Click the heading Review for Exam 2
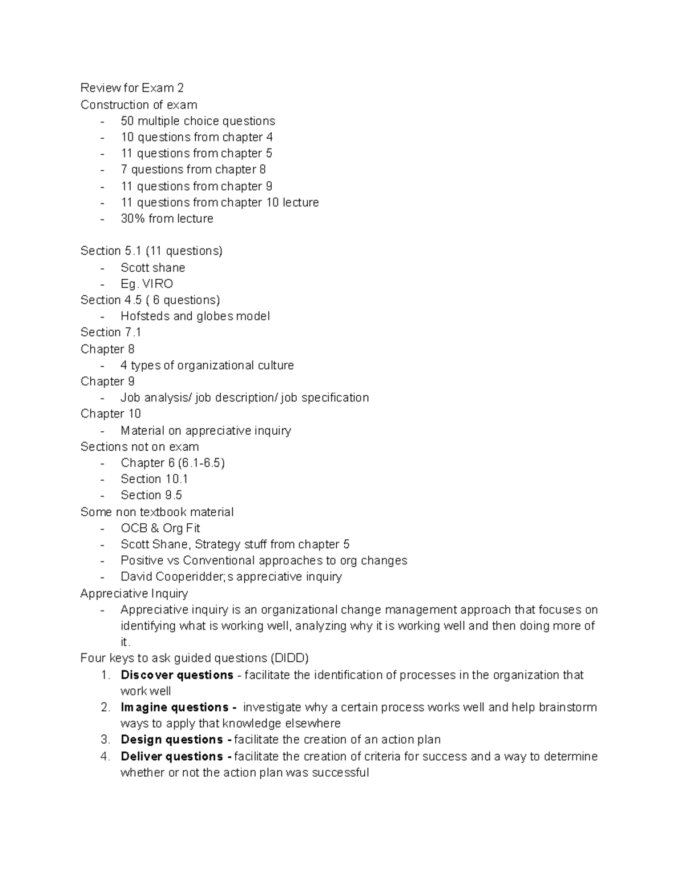[132, 88]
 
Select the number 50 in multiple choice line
[127, 121]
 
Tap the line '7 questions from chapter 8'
[193, 170]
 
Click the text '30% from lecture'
[167, 219]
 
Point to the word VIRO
[158, 284]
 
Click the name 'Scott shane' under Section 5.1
[152, 268]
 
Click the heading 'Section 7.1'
[111, 332]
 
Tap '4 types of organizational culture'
[207, 366]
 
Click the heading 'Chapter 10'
[111, 414]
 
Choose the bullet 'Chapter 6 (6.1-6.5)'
[172, 463]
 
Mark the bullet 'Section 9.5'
[151, 495]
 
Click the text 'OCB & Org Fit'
[160, 528]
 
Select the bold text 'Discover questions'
[177, 675]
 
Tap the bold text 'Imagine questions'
[175, 708]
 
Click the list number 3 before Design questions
[105, 740]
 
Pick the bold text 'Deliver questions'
[172, 757]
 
